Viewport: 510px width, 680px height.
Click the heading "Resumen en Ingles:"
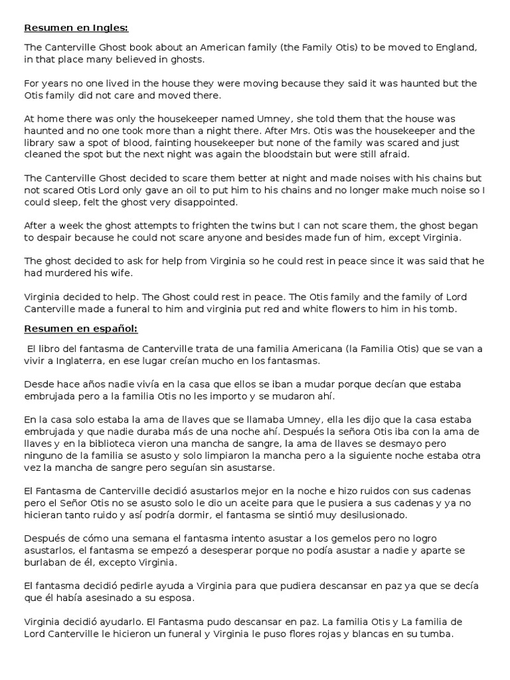point(76,29)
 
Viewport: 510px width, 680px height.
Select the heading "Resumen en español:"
point(81,329)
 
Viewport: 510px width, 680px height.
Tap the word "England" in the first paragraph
point(458,48)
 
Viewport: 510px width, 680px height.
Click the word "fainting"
point(175,143)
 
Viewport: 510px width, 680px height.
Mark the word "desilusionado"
point(362,515)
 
